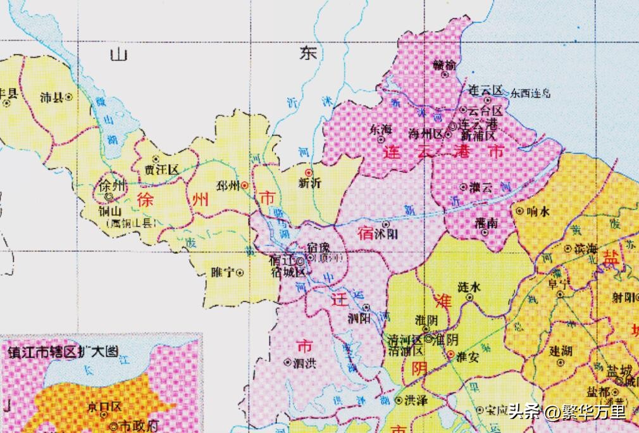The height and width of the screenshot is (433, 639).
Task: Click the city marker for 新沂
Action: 309,172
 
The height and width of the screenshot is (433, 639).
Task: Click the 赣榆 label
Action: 444,64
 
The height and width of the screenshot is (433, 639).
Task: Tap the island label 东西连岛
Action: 531,93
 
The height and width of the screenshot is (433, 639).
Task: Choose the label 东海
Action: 381,130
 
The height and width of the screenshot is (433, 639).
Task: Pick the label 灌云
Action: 480,187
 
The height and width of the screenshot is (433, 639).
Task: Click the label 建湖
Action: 561,351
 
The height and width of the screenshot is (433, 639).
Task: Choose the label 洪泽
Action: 415,400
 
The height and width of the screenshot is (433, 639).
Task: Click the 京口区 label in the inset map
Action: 105,406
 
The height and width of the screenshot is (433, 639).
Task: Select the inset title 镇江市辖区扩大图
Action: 63,353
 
